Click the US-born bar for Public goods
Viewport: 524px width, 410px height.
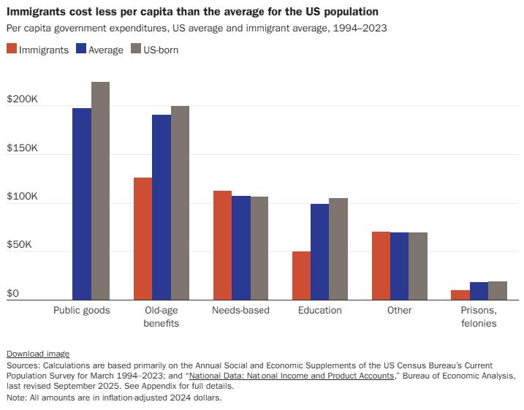click(x=100, y=191)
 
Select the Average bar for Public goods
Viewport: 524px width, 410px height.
click(x=82, y=204)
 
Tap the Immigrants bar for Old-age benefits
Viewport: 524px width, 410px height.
click(x=143, y=238)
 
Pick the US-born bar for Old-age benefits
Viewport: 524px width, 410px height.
click(x=180, y=202)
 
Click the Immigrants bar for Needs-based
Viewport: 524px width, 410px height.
click(x=222, y=245)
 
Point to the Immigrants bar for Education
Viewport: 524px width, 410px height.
click(x=301, y=276)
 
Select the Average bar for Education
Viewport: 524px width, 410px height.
click(x=319, y=251)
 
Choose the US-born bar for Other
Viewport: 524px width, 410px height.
click(x=418, y=266)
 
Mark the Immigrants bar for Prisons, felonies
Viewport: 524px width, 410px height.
click(x=460, y=295)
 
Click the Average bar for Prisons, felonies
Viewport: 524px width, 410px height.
click(x=479, y=291)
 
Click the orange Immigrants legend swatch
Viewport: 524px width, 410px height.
click(x=11, y=50)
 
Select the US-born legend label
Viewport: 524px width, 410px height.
click(x=161, y=50)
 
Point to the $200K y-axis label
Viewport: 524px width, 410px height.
click(x=22, y=99)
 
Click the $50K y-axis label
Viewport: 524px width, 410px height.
click(x=20, y=245)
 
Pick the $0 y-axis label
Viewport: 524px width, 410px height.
click(x=12, y=293)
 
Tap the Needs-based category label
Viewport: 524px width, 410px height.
click(x=240, y=310)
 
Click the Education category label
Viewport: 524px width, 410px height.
click(x=319, y=310)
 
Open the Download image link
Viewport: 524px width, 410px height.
click(x=38, y=353)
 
